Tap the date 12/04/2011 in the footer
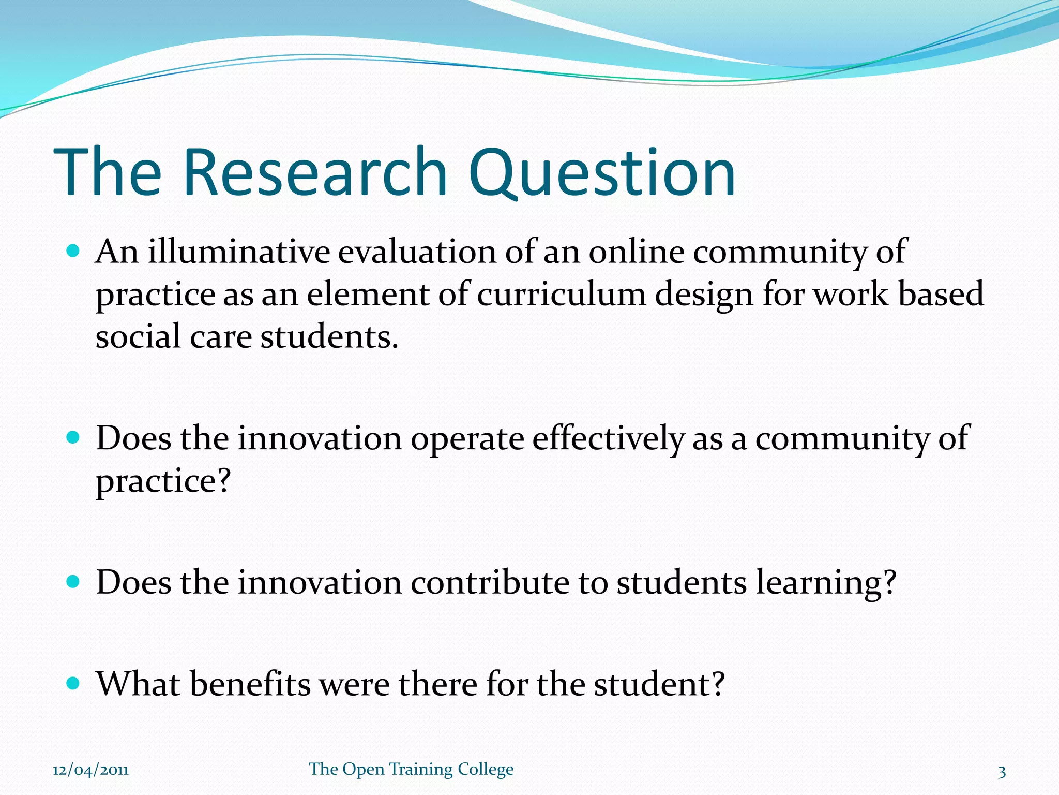90,770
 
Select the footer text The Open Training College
411,769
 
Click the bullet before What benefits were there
73,684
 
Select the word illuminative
239,252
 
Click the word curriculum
561,295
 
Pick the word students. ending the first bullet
329,337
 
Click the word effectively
608,438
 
